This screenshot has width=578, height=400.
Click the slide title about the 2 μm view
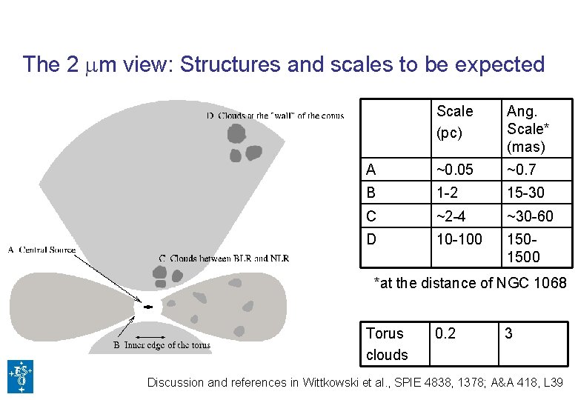click(x=284, y=64)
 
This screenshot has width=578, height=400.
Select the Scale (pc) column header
click(x=454, y=121)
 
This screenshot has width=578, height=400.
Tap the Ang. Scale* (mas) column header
click(x=526, y=128)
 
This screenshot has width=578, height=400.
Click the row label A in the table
click(x=371, y=170)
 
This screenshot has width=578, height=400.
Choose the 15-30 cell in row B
click(x=525, y=192)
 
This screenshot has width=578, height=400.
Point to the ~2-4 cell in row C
click(x=456, y=216)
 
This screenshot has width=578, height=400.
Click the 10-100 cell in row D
click(x=459, y=239)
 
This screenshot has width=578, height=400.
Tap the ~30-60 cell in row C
click(x=530, y=216)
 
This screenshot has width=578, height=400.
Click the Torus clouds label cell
click(x=387, y=344)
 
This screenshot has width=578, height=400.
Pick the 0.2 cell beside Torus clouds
click(x=447, y=333)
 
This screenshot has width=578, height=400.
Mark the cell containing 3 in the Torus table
click(x=509, y=333)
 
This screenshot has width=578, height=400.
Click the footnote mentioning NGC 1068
click(x=470, y=283)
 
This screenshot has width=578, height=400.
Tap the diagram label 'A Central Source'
click(x=42, y=250)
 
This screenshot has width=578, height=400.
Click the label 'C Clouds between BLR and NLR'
click(x=224, y=258)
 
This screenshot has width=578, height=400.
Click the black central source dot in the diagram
click(x=148, y=306)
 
